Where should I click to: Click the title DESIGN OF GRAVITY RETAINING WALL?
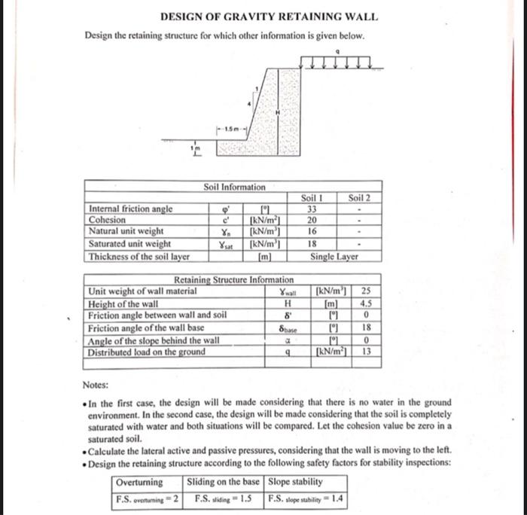[x=270, y=17]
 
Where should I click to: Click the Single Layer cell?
[x=336, y=257]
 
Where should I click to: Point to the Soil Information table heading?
[x=234, y=187]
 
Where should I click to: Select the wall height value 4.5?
[x=366, y=303]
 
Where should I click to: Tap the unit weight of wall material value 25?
[x=366, y=291]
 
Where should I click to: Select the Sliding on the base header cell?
[x=224, y=482]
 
